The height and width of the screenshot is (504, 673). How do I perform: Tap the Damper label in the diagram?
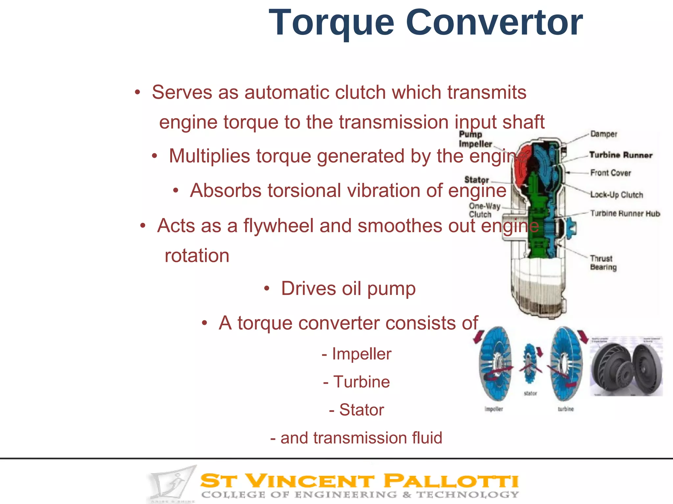pyautogui.click(x=604, y=134)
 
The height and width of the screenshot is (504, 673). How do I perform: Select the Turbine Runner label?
pyautogui.click(x=620, y=155)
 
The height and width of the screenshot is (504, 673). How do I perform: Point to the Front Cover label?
pyautogui.click(x=611, y=173)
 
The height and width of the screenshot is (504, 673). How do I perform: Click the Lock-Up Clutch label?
pyautogui.click(x=616, y=195)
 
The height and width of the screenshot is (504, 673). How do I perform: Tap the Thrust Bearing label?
pyautogui.click(x=603, y=263)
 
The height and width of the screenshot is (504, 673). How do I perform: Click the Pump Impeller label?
pyautogui.click(x=475, y=139)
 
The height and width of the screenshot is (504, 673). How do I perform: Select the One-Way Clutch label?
pyautogui.click(x=484, y=210)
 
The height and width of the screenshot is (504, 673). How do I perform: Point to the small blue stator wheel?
pyautogui.click(x=529, y=363)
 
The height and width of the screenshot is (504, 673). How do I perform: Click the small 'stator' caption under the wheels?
pyautogui.click(x=530, y=393)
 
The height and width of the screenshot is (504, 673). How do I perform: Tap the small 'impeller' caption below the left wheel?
pyautogui.click(x=494, y=409)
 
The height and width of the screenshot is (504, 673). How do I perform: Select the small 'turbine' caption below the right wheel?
pyautogui.click(x=566, y=409)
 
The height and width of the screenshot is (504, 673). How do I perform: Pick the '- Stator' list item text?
pyautogui.click(x=357, y=410)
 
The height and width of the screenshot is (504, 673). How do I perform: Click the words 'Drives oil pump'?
pyautogui.click(x=348, y=289)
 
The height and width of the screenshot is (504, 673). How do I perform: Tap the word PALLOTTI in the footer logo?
pyautogui.click(x=451, y=481)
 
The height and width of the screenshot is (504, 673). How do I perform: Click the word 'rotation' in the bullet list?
pyautogui.click(x=197, y=256)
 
